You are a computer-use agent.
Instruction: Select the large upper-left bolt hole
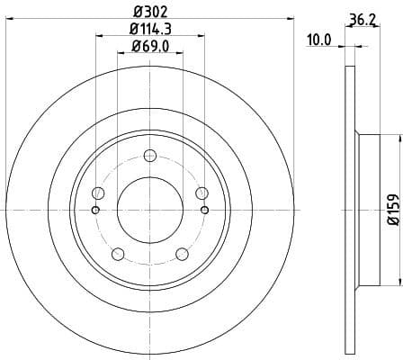(99, 193)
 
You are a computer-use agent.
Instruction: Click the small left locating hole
(95, 211)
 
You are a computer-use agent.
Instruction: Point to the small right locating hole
(205, 211)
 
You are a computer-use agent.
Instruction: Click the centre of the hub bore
(150, 210)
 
